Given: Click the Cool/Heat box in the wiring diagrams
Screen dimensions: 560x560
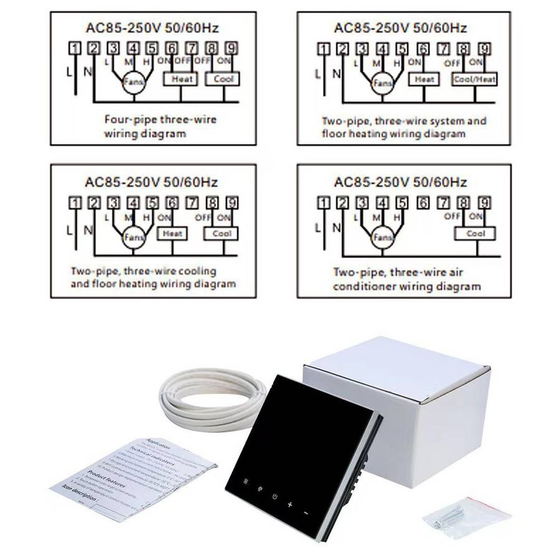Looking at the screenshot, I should coord(475,79).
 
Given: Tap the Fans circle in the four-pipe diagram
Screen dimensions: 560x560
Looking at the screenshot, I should coord(132,82).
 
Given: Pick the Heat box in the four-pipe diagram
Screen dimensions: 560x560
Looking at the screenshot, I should coord(180,79).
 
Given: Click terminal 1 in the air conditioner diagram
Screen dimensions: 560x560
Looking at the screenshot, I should coord(322,202).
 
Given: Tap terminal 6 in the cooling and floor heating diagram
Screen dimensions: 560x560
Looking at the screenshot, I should coord(172,202).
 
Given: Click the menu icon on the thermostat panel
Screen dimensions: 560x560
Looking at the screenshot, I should coord(245,482).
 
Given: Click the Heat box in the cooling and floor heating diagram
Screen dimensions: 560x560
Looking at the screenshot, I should coord(172,233).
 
